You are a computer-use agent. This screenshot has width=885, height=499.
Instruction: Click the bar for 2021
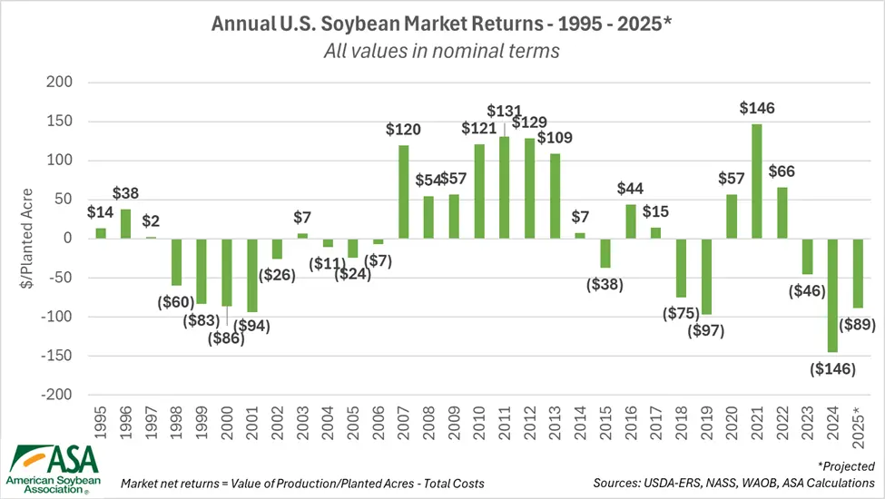[x=756, y=181]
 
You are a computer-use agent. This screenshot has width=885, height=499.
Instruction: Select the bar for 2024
[x=831, y=296]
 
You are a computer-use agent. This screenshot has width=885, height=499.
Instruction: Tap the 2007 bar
[x=402, y=191]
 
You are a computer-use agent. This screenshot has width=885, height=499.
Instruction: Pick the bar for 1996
[x=125, y=224]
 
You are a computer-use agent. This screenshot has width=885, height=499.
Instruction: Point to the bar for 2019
[x=705, y=277]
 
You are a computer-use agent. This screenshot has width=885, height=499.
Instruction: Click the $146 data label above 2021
[x=756, y=109]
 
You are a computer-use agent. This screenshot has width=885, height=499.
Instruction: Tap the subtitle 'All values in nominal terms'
[x=442, y=51]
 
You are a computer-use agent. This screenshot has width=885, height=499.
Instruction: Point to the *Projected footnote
[x=846, y=465]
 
